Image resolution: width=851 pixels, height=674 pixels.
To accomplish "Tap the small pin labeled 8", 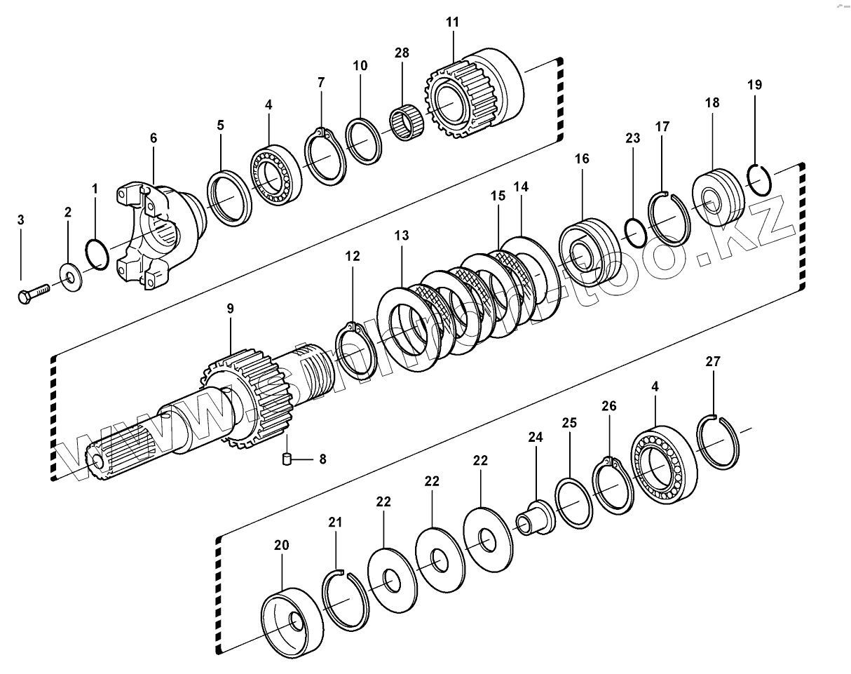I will click(287, 460).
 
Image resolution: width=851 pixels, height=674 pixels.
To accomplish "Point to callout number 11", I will click(452, 22).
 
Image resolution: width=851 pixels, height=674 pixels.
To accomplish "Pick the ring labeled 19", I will click(757, 180).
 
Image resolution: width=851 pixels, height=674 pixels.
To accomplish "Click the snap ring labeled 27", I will click(719, 442).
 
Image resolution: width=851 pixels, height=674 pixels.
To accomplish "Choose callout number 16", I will click(582, 159).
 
